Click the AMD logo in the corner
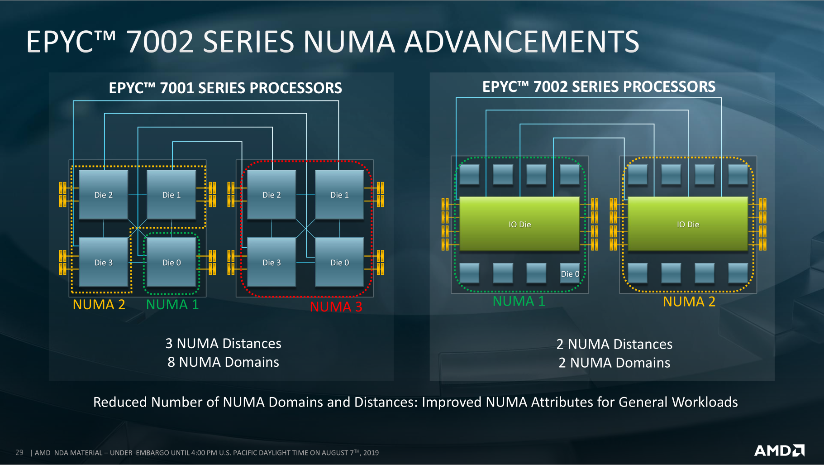click(779, 451)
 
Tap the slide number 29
click(19, 452)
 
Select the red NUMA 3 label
click(336, 307)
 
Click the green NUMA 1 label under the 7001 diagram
click(172, 304)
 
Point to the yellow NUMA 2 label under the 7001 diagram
click(99, 304)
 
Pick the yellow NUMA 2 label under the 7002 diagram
click(689, 302)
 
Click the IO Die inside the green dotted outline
click(519, 224)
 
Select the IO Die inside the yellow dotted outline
click(688, 224)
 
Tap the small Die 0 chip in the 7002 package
click(570, 273)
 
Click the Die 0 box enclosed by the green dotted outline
click(171, 262)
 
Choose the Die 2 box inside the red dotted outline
click(271, 195)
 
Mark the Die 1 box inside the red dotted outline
click(339, 195)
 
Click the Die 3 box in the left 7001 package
click(104, 262)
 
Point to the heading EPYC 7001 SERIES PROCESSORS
click(225, 88)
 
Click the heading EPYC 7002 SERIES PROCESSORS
click(599, 86)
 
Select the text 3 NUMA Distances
click(223, 344)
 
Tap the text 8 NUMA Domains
click(223, 362)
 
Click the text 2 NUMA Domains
click(614, 363)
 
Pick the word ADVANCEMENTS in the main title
click(522, 42)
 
